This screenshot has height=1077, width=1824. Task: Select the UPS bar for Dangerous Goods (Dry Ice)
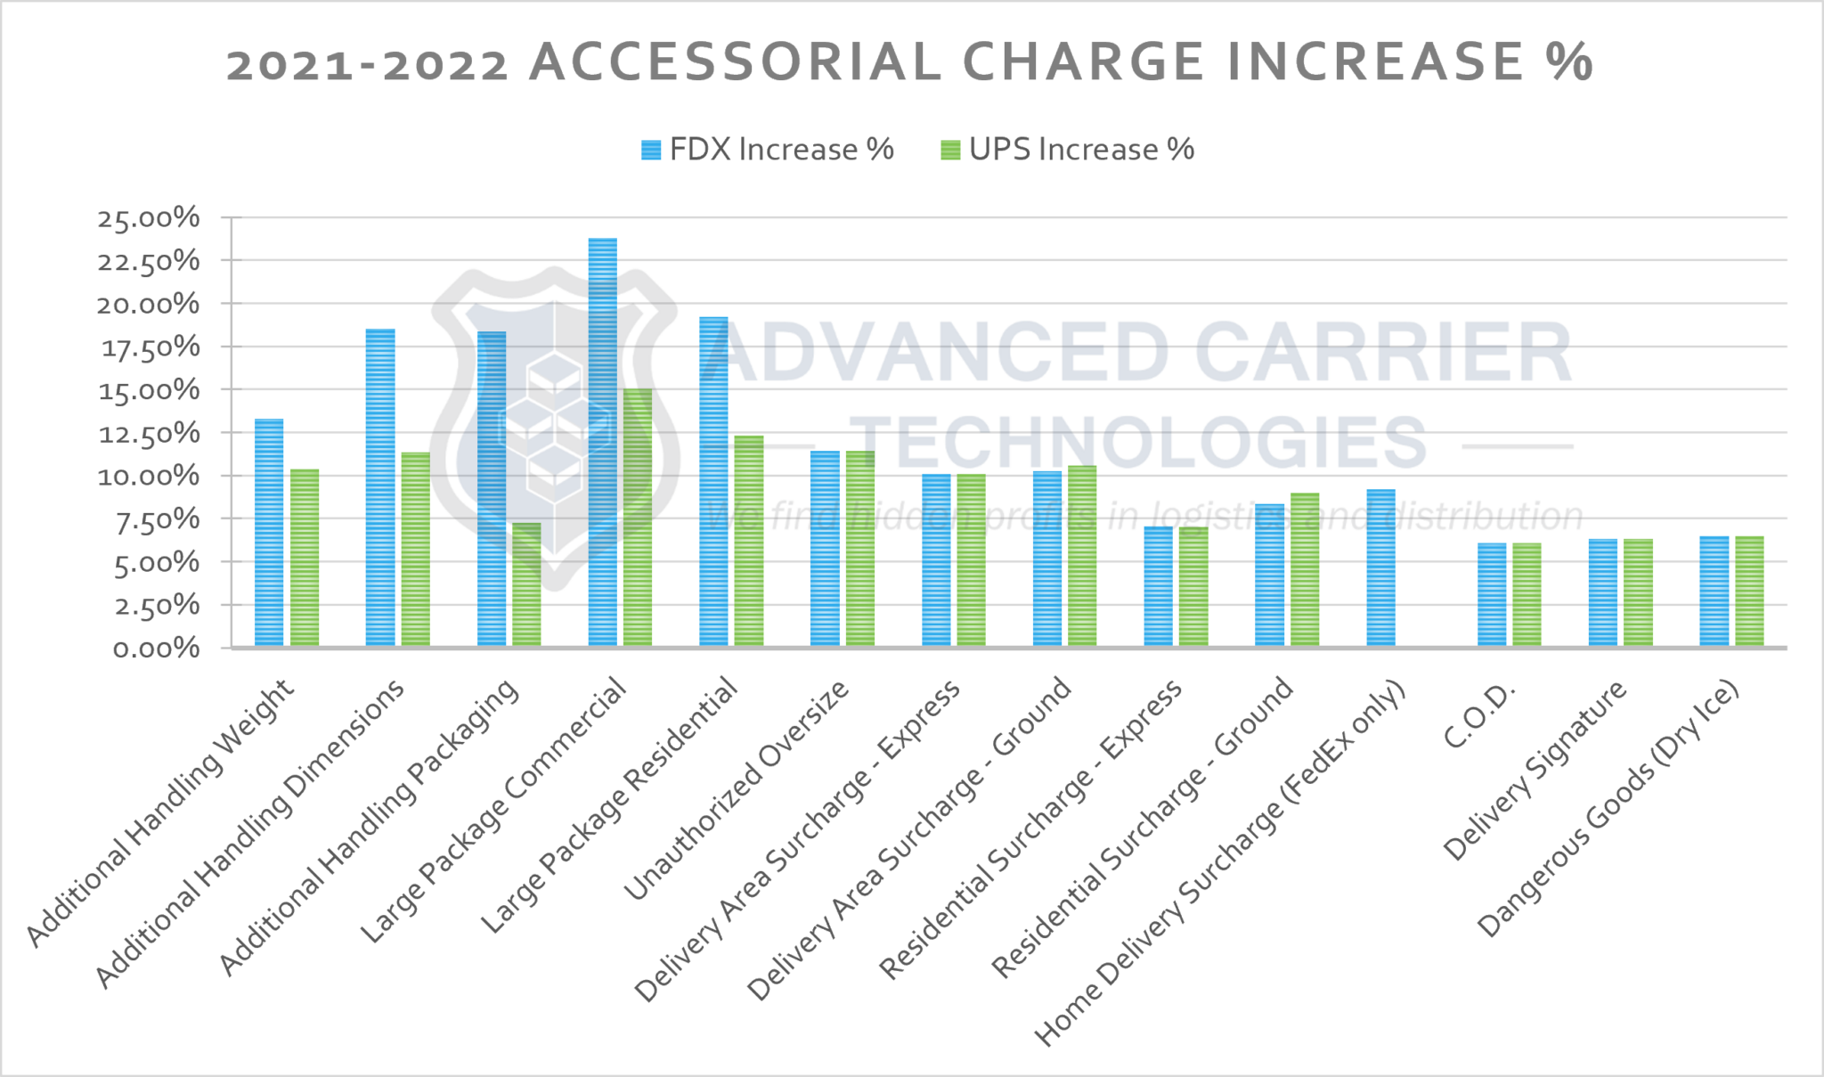tap(1749, 592)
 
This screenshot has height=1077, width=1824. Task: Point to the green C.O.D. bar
tap(1527, 595)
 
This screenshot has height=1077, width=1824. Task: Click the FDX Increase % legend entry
tap(768, 150)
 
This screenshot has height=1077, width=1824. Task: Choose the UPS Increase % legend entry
tap(1068, 150)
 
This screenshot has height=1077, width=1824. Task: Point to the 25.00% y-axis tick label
tap(149, 218)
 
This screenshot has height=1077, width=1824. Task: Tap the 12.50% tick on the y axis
tap(149, 434)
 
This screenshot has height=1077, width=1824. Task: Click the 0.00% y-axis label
tap(155, 649)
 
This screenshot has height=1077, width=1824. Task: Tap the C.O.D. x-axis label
tap(1478, 716)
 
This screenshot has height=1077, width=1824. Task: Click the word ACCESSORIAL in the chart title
tap(736, 62)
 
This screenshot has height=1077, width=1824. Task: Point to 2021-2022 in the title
tap(367, 64)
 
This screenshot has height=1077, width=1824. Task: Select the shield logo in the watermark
tap(554, 428)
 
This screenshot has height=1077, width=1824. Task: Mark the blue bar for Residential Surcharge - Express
tap(1158, 587)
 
